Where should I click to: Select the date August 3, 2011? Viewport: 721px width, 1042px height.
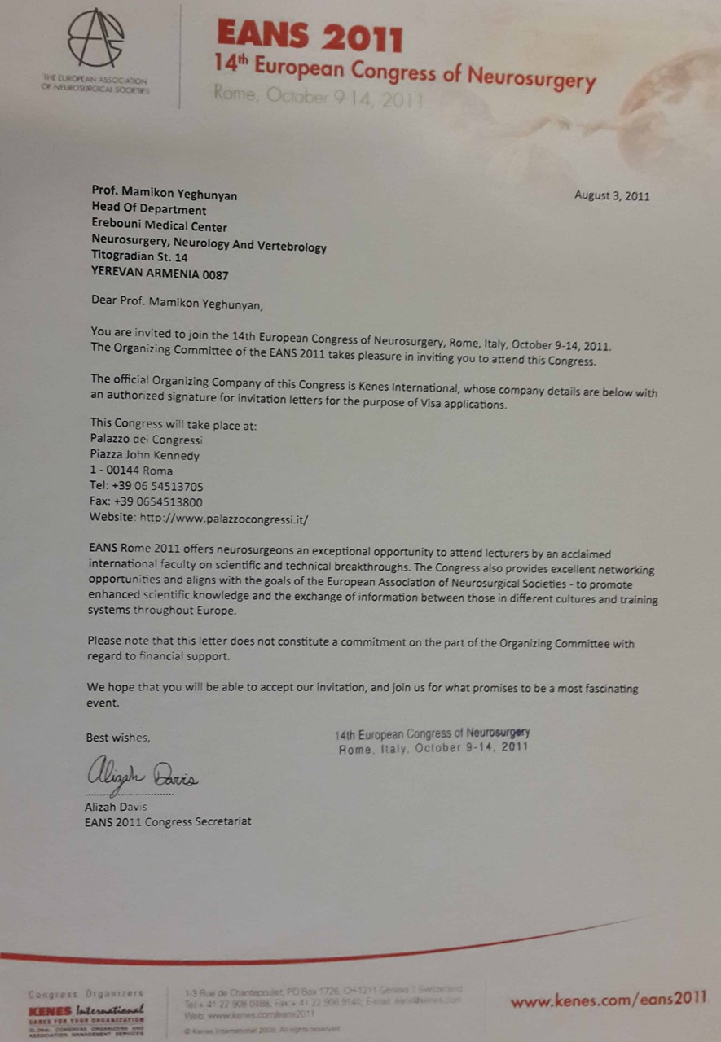click(x=612, y=195)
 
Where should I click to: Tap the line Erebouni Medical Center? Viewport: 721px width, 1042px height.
click(x=159, y=227)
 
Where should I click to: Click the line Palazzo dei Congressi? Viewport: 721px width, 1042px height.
click(x=146, y=440)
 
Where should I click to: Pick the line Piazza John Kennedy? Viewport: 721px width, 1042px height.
click(x=144, y=456)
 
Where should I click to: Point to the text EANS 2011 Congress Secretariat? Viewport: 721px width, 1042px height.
click(x=168, y=821)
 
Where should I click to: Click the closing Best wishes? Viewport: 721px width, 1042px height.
click(x=118, y=738)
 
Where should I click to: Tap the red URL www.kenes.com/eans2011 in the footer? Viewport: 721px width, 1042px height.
click(x=609, y=999)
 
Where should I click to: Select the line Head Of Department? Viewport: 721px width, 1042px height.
click(x=149, y=211)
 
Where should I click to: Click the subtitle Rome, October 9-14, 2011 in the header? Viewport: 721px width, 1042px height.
click(x=319, y=96)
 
